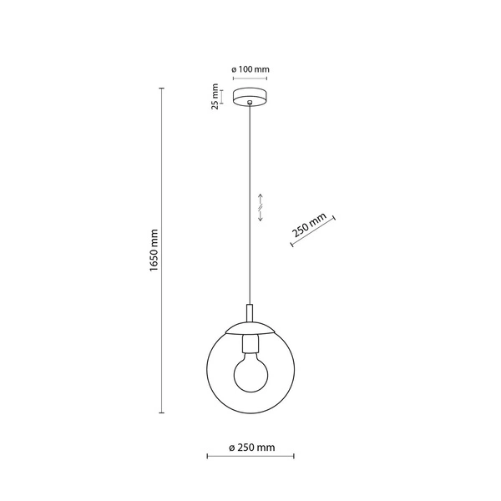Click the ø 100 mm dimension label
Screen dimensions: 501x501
point(250,70)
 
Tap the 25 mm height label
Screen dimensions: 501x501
point(215,97)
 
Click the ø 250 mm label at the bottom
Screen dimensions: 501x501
point(251,448)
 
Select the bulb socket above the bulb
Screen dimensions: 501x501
point(250,342)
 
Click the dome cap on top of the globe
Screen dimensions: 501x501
point(250,327)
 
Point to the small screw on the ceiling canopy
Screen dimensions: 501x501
point(250,103)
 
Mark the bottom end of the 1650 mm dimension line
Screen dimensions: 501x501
point(162,412)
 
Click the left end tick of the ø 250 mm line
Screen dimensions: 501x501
point(207,457)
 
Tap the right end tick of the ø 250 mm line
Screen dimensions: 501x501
point(294,457)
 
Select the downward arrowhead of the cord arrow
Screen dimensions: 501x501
point(261,220)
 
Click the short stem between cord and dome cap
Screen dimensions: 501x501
point(250,311)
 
